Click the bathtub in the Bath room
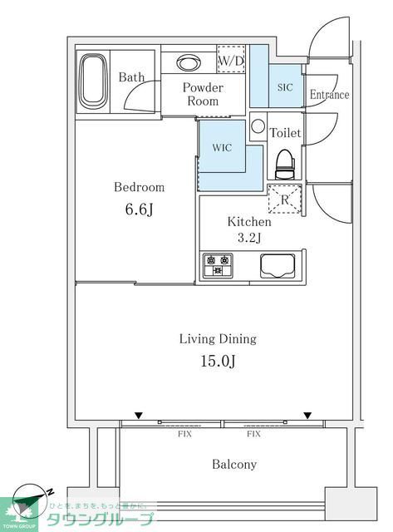coord(93,81)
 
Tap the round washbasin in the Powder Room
coord(189,62)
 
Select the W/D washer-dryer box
coord(231,59)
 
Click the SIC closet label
coord(285,87)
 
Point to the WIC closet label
coord(222,148)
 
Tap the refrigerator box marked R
coord(285,199)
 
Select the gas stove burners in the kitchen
coord(218,265)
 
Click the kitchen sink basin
coord(278,266)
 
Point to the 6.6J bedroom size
coord(139,209)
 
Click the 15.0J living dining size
coord(218,361)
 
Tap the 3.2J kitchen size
coord(249,238)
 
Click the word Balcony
coord(234,464)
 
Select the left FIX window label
coord(184,434)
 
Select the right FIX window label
coord(253,434)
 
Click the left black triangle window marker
coord(139,416)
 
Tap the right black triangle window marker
coord(307,416)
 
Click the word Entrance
coord(329,94)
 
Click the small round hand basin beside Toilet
coord(258,126)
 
